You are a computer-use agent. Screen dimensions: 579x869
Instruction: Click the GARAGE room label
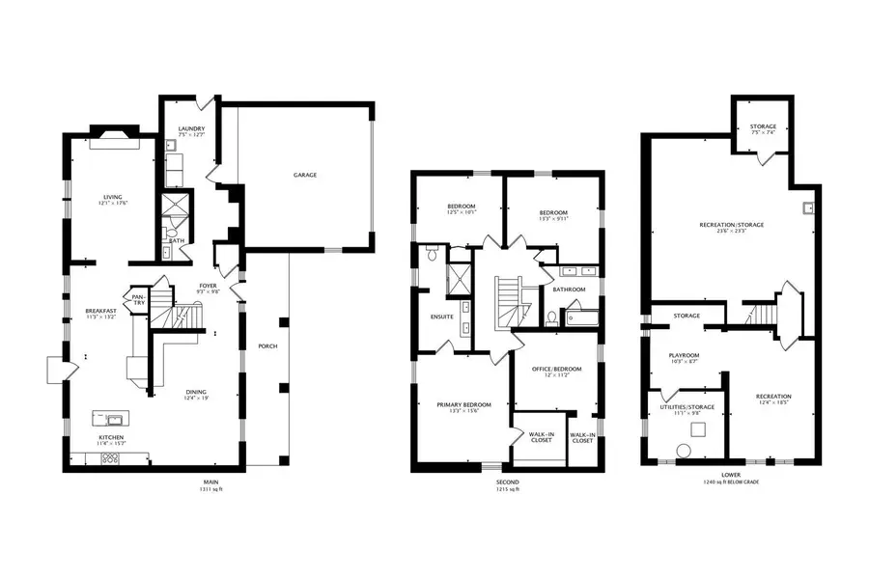point(305,175)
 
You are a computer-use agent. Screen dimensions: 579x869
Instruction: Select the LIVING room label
point(113,197)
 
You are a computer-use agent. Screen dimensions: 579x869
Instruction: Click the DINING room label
point(196,391)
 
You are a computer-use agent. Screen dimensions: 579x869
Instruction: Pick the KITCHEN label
point(110,437)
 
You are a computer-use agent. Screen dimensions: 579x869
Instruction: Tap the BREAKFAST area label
point(101,311)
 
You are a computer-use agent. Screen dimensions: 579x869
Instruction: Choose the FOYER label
point(209,285)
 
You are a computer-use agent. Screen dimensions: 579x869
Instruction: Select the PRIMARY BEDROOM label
point(464,404)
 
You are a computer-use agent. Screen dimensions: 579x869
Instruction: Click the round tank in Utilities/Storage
point(684,451)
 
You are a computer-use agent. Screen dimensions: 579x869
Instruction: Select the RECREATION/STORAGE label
point(731,225)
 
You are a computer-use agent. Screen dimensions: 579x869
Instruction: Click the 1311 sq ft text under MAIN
point(210,489)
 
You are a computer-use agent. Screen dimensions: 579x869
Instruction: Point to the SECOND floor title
point(508,481)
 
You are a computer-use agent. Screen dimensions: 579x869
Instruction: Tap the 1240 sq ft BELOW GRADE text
point(731,482)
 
